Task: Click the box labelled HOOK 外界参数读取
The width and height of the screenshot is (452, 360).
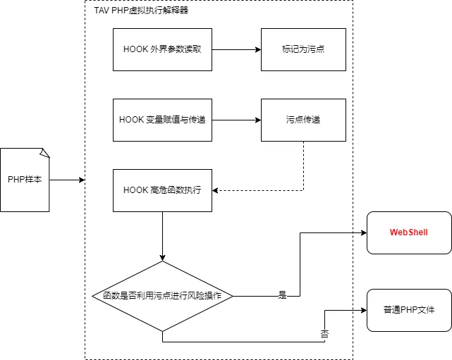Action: (162, 49)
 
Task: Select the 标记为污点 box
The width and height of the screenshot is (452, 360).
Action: (303, 49)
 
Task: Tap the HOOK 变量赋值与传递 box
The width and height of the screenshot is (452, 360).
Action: (162, 120)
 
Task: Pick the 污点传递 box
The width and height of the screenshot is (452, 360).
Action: (303, 120)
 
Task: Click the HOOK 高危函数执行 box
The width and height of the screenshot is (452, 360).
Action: (162, 190)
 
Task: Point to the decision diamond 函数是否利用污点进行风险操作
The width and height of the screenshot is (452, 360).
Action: (162, 296)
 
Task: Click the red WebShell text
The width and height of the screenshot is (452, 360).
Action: (409, 232)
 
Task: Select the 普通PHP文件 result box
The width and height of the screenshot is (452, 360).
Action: (409, 310)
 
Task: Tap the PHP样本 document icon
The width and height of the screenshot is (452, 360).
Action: (25, 180)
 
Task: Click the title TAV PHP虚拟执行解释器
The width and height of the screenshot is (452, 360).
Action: (141, 11)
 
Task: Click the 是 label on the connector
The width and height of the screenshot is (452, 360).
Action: (283, 296)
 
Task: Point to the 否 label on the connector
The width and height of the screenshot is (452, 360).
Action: (325, 334)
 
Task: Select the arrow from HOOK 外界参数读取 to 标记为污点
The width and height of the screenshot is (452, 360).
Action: (236, 49)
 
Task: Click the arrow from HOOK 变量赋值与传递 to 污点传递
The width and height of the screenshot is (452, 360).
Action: (236, 120)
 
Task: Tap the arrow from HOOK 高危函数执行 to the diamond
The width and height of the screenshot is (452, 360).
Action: (162, 236)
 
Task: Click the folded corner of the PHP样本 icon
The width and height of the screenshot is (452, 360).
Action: (44, 152)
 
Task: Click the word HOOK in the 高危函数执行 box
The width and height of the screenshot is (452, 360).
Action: (135, 190)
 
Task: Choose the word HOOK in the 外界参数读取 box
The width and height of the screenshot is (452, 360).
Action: (135, 49)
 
